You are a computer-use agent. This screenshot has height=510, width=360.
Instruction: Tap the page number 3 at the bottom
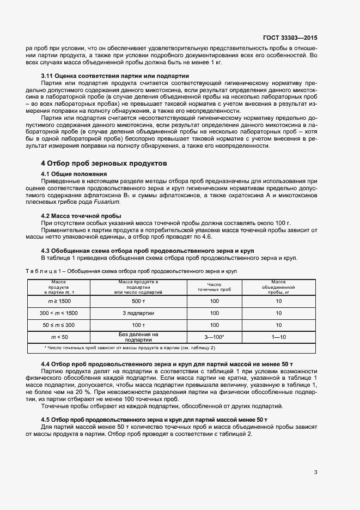(316, 472)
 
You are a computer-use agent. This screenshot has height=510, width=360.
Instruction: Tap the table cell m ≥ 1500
(59, 301)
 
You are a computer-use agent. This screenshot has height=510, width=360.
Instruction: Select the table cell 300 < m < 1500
(59, 313)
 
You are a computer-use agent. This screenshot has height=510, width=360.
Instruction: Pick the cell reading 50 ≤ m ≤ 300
(59, 325)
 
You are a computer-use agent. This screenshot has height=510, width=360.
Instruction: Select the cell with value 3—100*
(214, 337)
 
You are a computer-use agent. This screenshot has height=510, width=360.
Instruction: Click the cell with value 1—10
(278, 337)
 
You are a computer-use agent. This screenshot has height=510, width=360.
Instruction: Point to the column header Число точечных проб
(214, 287)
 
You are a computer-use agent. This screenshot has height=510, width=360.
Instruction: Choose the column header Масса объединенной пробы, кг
(278, 287)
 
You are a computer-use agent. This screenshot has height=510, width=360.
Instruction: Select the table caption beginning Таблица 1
(131, 271)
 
